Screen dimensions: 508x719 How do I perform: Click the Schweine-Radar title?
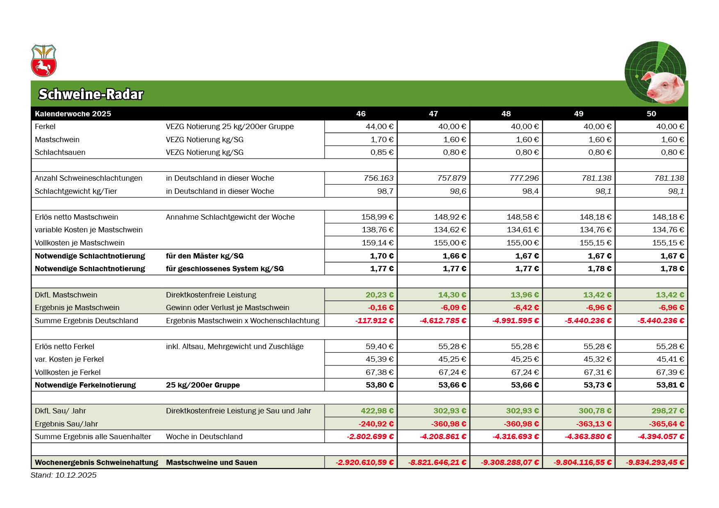91,94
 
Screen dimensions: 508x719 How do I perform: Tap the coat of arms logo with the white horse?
43,61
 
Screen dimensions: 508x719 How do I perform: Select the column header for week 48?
506,114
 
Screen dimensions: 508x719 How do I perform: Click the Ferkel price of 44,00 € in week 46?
379,127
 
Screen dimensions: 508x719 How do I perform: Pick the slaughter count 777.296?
524,178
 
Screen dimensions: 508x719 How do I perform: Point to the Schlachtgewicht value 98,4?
530,191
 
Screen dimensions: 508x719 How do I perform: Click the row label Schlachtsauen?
60,152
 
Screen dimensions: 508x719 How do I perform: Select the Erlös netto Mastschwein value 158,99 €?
377,217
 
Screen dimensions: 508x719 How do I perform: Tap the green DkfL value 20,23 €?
379,295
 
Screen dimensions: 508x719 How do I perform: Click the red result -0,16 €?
380,308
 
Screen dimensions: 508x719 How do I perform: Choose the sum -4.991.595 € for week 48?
515,321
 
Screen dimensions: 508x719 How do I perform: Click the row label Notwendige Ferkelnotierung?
85,385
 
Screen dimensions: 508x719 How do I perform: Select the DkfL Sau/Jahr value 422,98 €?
377,411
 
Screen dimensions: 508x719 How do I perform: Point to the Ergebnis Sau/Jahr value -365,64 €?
667,424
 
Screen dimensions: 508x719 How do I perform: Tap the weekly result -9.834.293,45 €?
655,463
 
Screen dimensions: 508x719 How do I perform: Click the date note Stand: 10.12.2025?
64,475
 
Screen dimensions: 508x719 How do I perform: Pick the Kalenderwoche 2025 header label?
73,114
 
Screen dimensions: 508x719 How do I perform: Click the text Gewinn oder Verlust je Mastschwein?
228,308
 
